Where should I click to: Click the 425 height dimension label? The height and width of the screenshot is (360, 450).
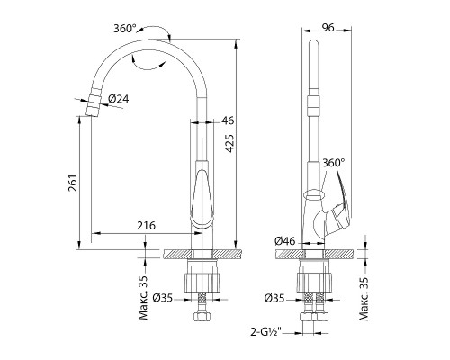pyautogui.click(x=229, y=144)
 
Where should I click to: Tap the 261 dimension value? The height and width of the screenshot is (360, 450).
pyautogui.click(x=74, y=183)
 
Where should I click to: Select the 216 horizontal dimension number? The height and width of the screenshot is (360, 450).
pyautogui.click(x=147, y=225)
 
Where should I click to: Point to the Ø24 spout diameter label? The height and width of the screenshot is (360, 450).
pyautogui.click(x=119, y=99)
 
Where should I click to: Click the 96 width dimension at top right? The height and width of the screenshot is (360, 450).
pyautogui.click(x=328, y=28)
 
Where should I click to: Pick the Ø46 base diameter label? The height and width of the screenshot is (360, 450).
pyautogui.click(x=285, y=241)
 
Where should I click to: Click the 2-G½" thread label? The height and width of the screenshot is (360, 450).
pyautogui.click(x=265, y=332)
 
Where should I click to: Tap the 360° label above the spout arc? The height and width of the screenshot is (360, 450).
pyautogui.click(x=125, y=29)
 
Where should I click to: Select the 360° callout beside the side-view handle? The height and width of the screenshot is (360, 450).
pyautogui.click(x=334, y=163)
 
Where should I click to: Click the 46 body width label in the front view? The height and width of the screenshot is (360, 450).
pyautogui.click(x=228, y=121)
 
